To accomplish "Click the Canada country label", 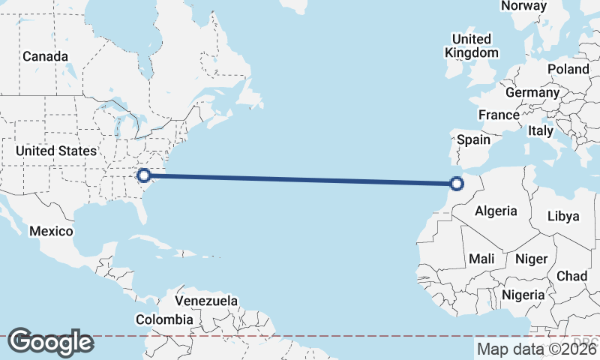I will coord(45,56).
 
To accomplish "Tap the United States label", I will coord(56,151).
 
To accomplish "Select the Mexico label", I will coord(51,230).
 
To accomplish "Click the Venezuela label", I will coord(206,301).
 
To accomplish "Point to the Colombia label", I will coord(164,319).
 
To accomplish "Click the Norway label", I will coord(523,6).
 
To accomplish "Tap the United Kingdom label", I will coord(472,46).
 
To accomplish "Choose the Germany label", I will coord(532,92).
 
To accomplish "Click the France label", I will coord(499,115).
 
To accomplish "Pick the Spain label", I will coord(473,139).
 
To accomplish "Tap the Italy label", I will coord(541,130).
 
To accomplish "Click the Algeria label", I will coord(496,211).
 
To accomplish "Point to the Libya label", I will coord(563,216).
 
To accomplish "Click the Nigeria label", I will coord(523,295).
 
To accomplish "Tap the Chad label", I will coord(571,276).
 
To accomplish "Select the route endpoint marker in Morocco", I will coord(456,182).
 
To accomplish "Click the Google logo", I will coord(50,342).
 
